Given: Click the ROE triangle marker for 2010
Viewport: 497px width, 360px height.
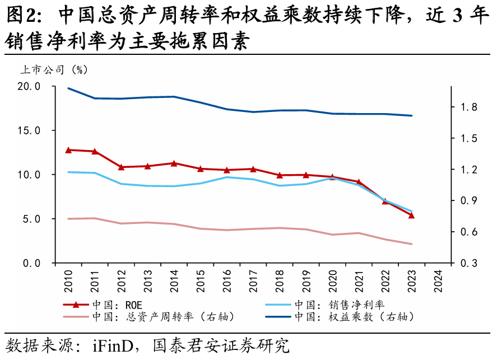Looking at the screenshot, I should pos(68,150).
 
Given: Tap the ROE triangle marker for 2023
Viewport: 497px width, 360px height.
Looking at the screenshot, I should pos(411,215).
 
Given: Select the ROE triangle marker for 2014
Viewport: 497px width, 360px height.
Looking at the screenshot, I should pos(174,163).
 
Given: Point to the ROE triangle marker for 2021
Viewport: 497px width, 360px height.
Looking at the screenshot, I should pos(359,182).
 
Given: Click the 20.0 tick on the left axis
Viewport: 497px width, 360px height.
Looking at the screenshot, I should pos(29,87).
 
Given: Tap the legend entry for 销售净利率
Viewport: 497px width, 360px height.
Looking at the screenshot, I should pos(339,305).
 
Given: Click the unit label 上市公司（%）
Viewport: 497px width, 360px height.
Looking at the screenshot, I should pos(54,70).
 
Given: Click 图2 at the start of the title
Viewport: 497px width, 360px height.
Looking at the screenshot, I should pos(20,17).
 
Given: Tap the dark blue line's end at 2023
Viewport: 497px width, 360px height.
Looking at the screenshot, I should pos(411,115).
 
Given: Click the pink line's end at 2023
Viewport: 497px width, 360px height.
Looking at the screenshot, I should pos(411,244).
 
